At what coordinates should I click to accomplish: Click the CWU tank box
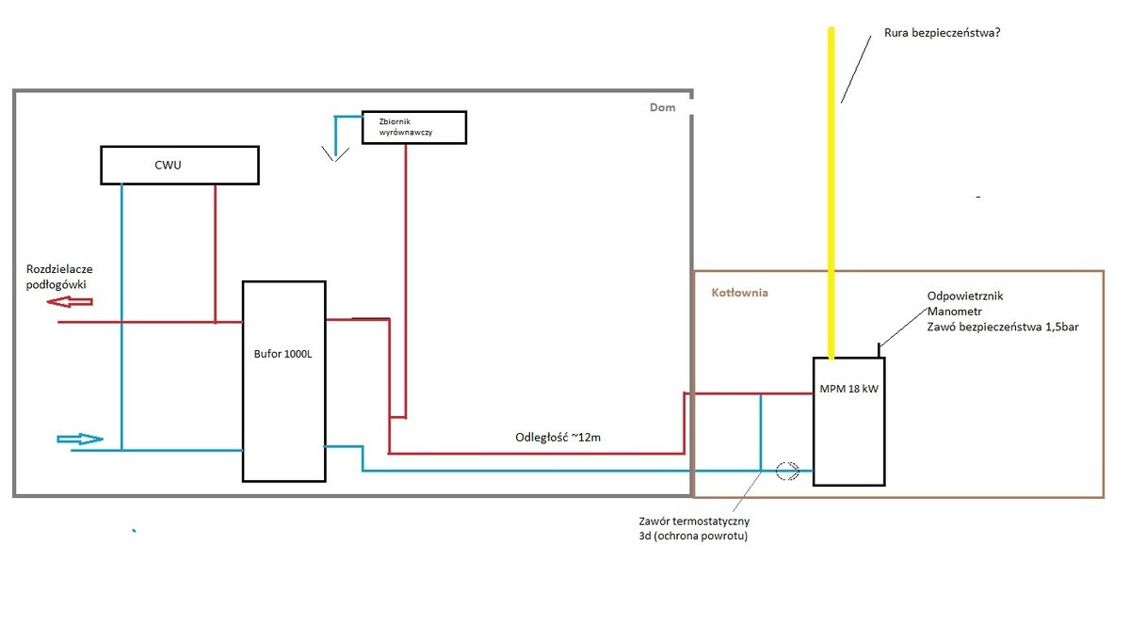point(180,165)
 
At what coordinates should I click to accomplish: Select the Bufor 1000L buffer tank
point(283,380)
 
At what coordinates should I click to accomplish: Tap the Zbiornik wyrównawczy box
point(414,127)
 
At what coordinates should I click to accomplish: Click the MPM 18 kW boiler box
point(848,421)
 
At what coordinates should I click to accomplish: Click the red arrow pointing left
point(71,301)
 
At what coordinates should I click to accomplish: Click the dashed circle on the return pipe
point(787,470)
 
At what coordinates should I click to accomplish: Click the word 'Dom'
point(663,107)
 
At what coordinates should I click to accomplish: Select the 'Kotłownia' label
point(739,293)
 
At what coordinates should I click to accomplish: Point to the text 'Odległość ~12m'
point(558,437)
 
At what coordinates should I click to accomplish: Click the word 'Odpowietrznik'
point(965,296)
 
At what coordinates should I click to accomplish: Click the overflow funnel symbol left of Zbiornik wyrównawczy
point(331,152)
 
